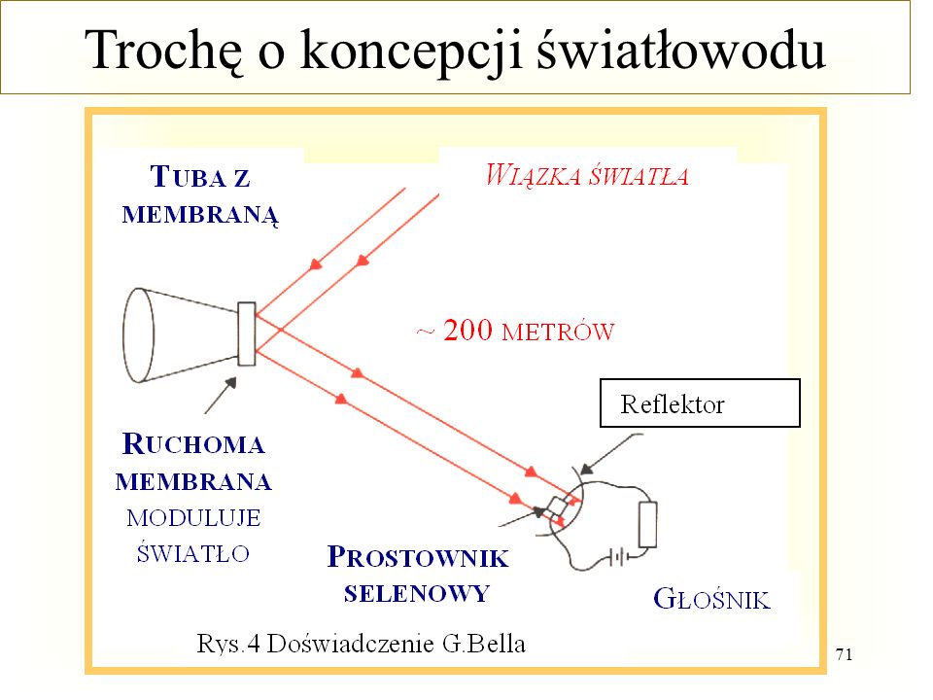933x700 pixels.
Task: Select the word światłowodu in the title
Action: tap(682, 49)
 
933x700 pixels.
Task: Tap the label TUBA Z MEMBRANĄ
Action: tap(200, 195)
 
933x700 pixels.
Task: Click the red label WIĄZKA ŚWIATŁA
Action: tap(587, 176)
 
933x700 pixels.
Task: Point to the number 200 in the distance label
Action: tap(468, 331)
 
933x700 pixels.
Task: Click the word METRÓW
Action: tap(558, 332)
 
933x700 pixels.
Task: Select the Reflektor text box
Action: tap(700, 402)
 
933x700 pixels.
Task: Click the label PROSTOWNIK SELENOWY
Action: tap(418, 575)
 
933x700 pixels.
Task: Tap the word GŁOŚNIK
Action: tap(711, 599)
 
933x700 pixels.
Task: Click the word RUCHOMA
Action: tap(193, 444)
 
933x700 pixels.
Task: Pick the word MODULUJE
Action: tap(194, 518)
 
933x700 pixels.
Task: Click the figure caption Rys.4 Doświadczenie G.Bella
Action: tap(361, 644)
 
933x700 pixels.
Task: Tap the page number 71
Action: tap(844, 654)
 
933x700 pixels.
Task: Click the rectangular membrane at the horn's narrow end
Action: tap(246, 333)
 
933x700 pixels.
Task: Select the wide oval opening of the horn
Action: tap(138, 335)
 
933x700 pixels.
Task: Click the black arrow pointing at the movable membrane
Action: tap(221, 396)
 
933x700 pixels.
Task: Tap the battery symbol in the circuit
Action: tap(618, 558)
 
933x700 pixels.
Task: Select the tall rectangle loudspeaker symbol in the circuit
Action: tap(647, 524)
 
